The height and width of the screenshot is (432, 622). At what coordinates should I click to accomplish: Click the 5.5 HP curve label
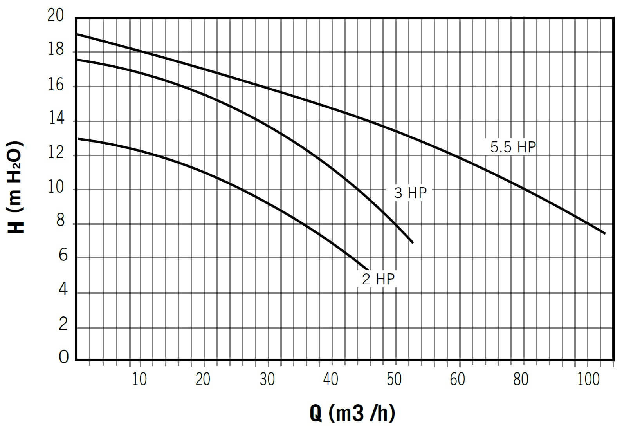512,147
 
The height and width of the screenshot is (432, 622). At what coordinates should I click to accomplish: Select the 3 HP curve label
410,193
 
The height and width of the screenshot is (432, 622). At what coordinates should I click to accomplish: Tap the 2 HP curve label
378,279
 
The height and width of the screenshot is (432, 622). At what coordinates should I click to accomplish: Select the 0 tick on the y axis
63,357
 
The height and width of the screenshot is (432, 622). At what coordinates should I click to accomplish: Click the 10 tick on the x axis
139,379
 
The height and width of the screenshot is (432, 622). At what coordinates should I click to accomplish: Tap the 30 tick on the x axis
267,379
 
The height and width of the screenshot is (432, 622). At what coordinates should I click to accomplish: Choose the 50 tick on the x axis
394,379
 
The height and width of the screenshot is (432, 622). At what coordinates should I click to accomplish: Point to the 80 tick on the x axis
521,379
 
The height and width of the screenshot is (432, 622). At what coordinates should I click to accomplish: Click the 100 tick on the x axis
588,379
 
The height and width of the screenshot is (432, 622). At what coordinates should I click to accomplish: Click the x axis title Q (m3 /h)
352,413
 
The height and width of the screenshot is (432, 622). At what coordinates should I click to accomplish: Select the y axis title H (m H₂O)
16,187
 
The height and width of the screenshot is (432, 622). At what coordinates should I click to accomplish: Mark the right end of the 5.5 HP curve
605,233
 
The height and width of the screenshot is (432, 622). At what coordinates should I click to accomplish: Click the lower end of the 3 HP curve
413,242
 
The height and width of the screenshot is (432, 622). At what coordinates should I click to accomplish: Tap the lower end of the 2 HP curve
368,269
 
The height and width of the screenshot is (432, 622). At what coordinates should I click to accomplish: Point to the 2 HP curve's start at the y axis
77,138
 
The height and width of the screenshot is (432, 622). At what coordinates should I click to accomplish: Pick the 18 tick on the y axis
56,50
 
